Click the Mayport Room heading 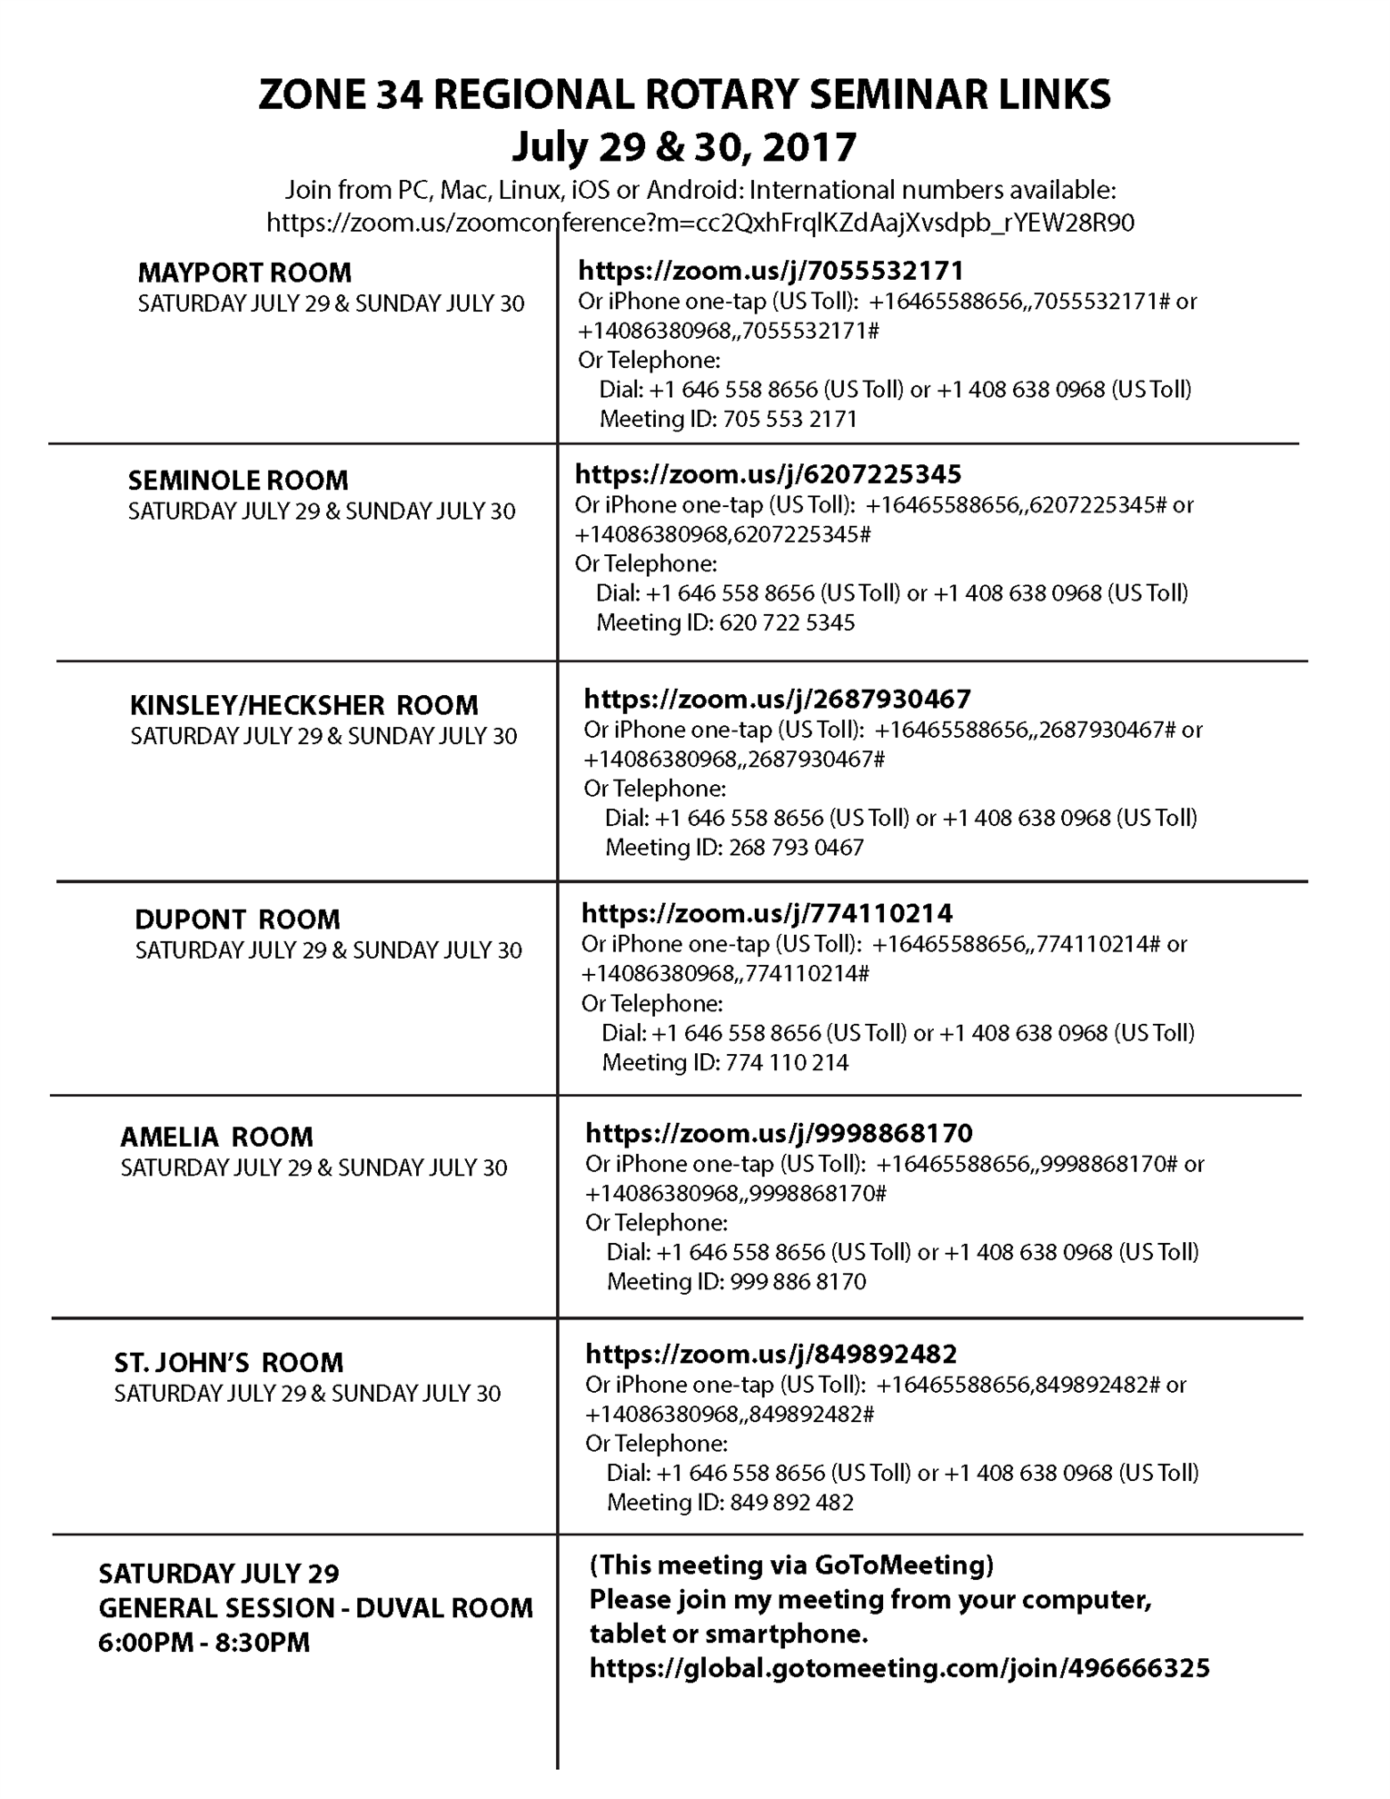(244, 273)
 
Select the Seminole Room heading (238, 480)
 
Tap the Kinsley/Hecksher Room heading (303, 705)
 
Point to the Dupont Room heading (237, 919)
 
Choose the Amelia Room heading (216, 1137)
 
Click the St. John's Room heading (229, 1362)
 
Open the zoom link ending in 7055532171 (770, 271)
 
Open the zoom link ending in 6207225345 (768, 474)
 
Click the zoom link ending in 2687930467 (777, 699)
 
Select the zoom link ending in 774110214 (767, 912)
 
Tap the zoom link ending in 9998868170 (779, 1133)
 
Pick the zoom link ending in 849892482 (771, 1354)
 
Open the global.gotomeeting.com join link (899, 1668)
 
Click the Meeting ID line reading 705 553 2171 (728, 419)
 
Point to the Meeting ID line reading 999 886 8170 (736, 1281)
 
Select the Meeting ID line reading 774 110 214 (725, 1062)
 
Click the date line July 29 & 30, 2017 (684, 147)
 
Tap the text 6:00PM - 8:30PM (204, 1643)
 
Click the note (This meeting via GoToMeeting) (791, 1565)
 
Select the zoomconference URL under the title (700, 223)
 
